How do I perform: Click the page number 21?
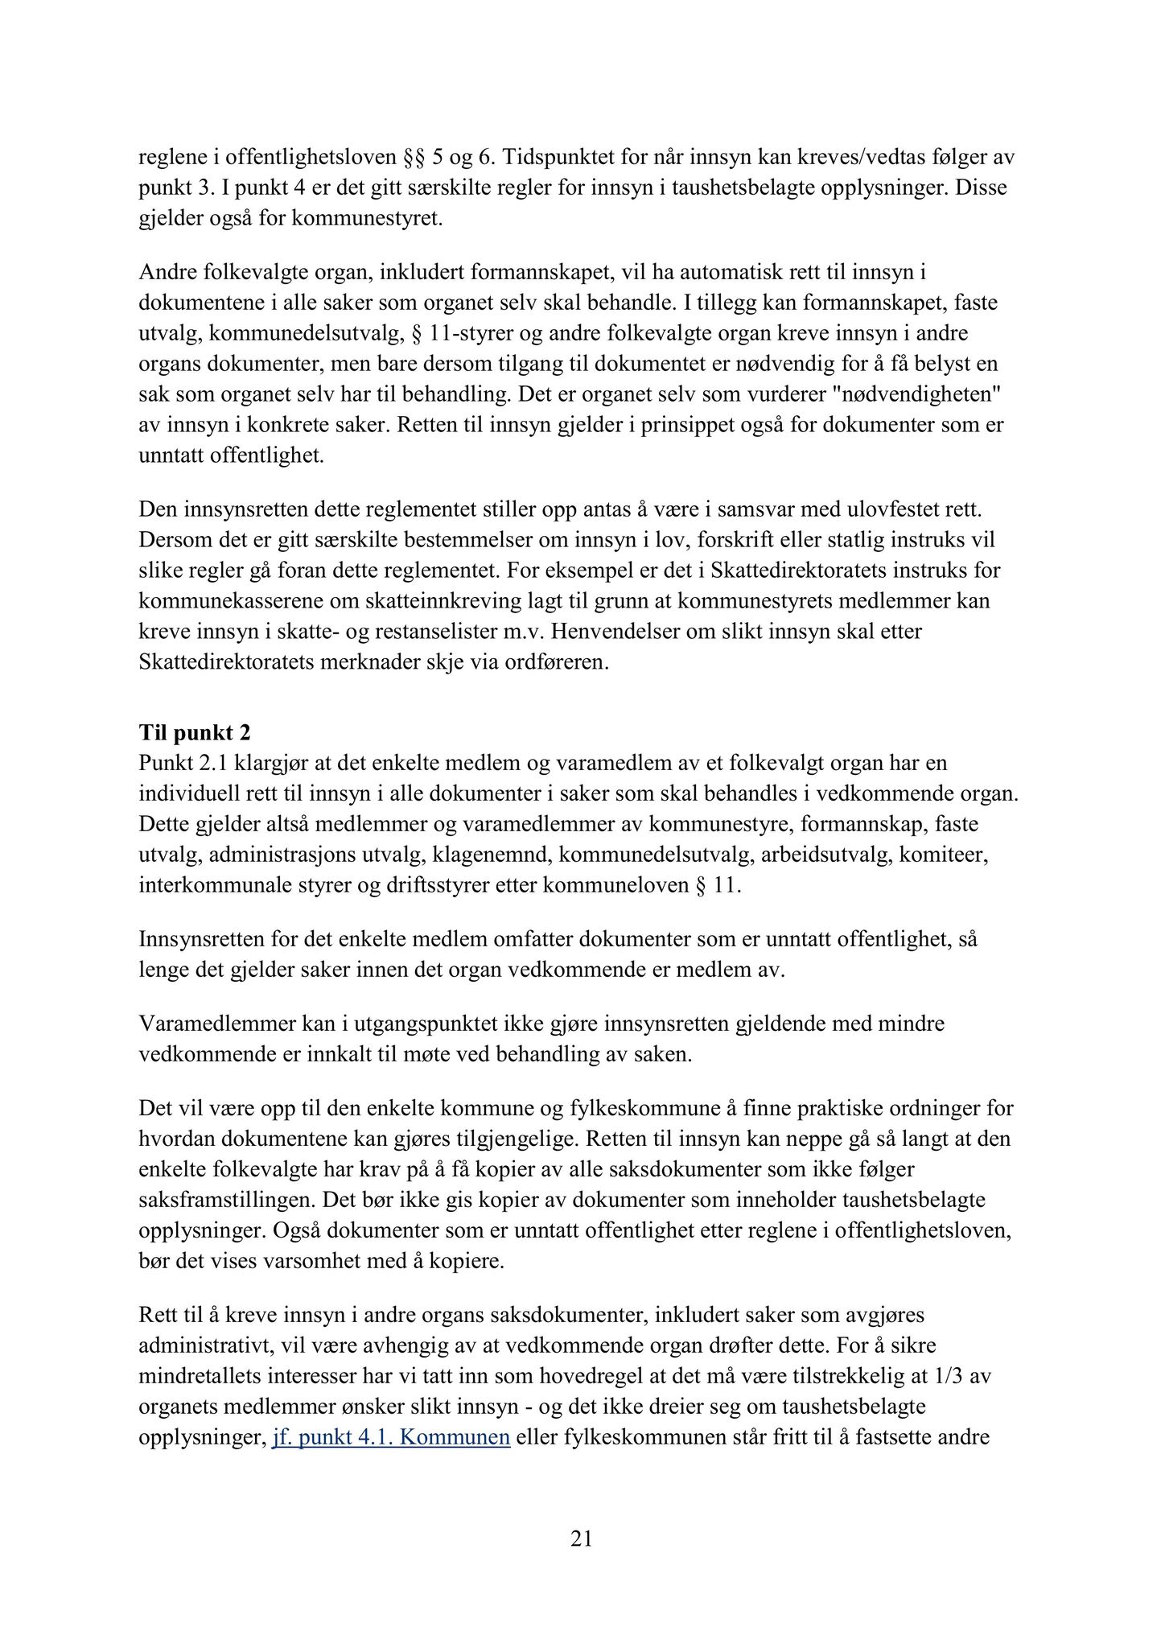[x=581, y=1539]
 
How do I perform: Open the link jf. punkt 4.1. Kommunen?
[x=391, y=1437]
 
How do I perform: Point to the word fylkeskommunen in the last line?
[x=624, y=1437]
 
